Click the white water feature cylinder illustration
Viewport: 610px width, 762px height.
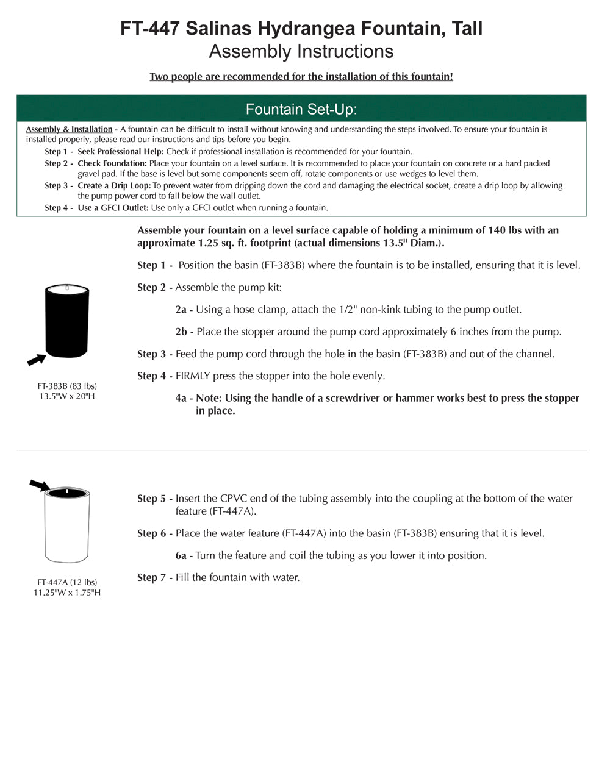(x=67, y=525)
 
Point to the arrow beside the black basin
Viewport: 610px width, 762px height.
(x=37, y=360)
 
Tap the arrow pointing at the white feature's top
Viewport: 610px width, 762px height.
(x=40, y=485)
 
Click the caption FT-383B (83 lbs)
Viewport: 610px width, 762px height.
(x=67, y=386)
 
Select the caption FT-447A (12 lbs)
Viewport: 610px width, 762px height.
(x=67, y=582)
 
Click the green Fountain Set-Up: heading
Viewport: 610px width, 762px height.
(x=301, y=109)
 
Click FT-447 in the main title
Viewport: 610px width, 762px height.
(x=149, y=29)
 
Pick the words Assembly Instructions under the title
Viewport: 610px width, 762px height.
(x=301, y=52)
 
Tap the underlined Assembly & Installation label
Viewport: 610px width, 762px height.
(x=69, y=129)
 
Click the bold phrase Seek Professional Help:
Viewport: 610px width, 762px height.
(x=121, y=151)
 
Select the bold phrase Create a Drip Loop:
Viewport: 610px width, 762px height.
(x=114, y=185)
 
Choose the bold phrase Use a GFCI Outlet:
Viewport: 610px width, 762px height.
(x=113, y=208)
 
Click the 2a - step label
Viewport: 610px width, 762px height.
(x=184, y=310)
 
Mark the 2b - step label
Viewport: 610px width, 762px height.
(x=184, y=332)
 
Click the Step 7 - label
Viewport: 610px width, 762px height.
(x=155, y=577)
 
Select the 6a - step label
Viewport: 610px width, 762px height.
(x=184, y=555)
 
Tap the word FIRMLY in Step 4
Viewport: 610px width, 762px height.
(x=193, y=376)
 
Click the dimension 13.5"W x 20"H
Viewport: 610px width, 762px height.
(x=67, y=396)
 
